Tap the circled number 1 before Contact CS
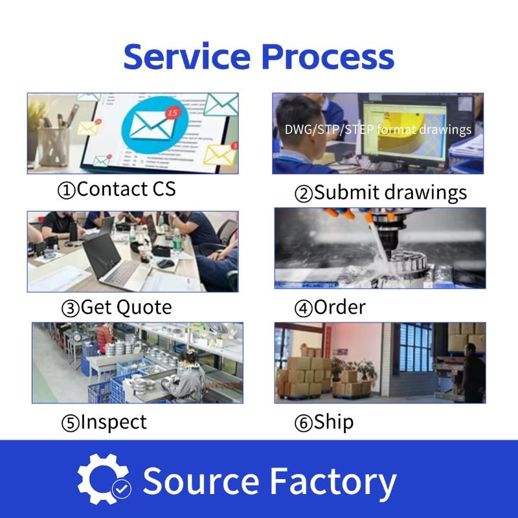[67, 190]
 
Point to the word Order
[340, 307]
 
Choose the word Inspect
[113, 422]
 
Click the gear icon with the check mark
[104, 480]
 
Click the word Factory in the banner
[332, 482]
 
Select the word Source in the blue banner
[200, 482]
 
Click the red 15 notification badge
[172, 113]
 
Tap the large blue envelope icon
[151, 122]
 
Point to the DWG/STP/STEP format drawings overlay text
[378, 129]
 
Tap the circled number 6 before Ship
[303, 423]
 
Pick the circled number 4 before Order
[303, 308]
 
